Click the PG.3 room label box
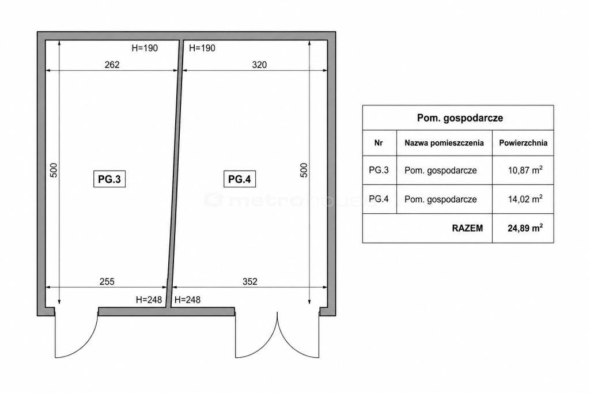(109, 179)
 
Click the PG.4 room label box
(240, 179)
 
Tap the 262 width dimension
(112, 65)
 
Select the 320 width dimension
(259, 65)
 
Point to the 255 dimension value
(107, 282)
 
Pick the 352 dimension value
(250, 282)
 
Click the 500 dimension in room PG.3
(54, 170)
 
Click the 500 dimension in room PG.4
(304, 170)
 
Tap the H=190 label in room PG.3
(145, 48)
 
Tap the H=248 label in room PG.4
(187, 300)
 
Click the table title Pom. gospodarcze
(460, 118)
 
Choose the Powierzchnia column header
(523, 143)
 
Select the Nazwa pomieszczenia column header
(444, 143)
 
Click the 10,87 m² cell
(525, 170)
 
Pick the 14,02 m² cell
(525, 199)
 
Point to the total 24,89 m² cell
(525, 228)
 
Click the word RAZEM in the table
(467, 228)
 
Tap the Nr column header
(379, 143)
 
